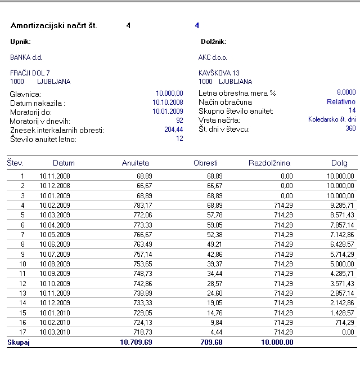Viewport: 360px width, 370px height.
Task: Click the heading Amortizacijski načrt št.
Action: pos(54,26)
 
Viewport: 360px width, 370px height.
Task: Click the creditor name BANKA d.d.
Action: pos(26,57)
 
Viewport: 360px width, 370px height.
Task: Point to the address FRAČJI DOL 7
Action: pos(30,73)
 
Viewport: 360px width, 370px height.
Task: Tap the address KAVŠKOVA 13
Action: pos(219,73)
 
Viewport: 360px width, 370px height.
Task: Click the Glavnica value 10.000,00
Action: pos(169,93)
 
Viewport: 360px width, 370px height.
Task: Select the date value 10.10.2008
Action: pos(168,102)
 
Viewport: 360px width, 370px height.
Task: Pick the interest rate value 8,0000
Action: pos(346,92)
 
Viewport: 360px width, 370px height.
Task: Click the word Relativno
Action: pos(341,102)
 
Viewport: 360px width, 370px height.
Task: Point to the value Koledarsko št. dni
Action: pos(332,119)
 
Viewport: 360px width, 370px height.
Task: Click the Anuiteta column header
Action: pos(136,163)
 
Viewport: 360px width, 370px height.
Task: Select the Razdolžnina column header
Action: pos(269,163)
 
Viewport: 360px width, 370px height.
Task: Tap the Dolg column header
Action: pos(339,163)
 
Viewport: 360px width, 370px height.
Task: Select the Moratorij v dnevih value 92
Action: pos(179,121)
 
